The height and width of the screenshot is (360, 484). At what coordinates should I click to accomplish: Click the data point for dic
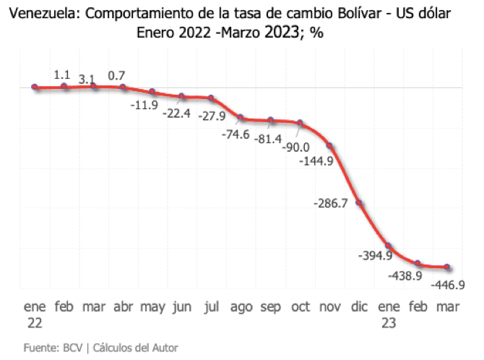pyautogui.click(x=359, y=204)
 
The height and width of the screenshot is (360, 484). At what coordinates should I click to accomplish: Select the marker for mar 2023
pyautogui.click(x=447, y=267)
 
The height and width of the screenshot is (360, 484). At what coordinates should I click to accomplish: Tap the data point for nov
pyautogui.click(x=329, y=146)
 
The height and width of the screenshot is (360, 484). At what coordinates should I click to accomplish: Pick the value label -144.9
pyautogui.click(x=315, y=161)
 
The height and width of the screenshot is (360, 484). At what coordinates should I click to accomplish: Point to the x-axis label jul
pyautogui.click(x=212, y=307)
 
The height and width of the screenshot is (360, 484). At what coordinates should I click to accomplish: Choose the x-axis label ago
pyautogui.click(x=241, y=307)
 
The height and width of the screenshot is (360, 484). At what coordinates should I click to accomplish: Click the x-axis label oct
pyautogui.click(x=301, y=307)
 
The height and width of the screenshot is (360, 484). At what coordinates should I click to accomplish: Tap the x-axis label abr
pyautogui.click(x=123, y=307)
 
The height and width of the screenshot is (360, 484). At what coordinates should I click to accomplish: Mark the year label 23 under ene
pyautogui.click(x=389, y=323)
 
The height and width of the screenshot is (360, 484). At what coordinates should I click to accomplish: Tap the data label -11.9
pyautogui.click(x=144, y=106)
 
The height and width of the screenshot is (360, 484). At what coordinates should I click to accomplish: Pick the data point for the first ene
pyautogui.click(x=35, y=87)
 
